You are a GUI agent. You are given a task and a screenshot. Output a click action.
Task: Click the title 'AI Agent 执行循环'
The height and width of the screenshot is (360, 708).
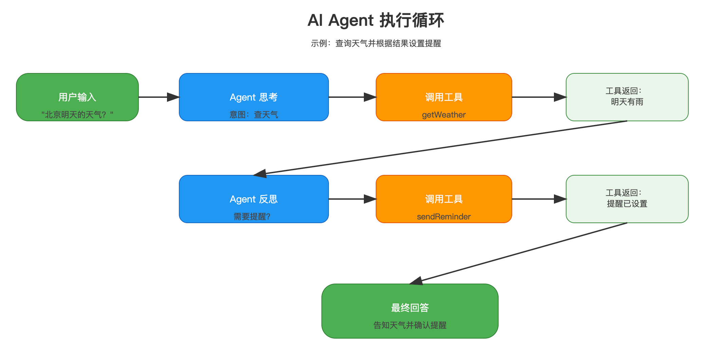[376, 20]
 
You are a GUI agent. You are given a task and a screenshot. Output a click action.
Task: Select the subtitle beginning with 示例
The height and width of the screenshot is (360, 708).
[376, 43]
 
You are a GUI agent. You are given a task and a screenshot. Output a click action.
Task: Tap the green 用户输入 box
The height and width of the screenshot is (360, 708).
[77, 97]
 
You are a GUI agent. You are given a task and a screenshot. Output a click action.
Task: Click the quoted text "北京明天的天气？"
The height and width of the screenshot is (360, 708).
[77, 115]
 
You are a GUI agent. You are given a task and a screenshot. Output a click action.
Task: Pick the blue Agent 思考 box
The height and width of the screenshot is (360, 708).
[254, 97]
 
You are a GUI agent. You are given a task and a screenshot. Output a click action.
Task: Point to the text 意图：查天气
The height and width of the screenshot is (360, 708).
[254, 115]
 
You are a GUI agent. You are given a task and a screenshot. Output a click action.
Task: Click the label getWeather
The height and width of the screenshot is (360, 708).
[444, 115]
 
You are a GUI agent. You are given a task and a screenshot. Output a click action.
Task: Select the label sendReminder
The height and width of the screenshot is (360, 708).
[444, 217]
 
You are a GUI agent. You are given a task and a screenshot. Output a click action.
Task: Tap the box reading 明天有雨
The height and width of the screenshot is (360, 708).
[627, 97]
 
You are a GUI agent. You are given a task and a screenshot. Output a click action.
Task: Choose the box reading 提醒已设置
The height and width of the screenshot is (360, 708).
[627, 199]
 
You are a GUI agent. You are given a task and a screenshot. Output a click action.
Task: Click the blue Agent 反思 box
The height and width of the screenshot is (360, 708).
[254, 199]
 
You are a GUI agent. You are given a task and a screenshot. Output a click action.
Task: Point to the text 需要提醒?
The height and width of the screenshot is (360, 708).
[252, 217]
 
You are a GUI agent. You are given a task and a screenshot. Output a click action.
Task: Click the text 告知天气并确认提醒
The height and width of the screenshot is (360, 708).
[410, 325]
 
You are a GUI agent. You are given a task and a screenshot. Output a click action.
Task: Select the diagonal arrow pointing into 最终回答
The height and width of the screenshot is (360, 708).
[519, 253]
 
